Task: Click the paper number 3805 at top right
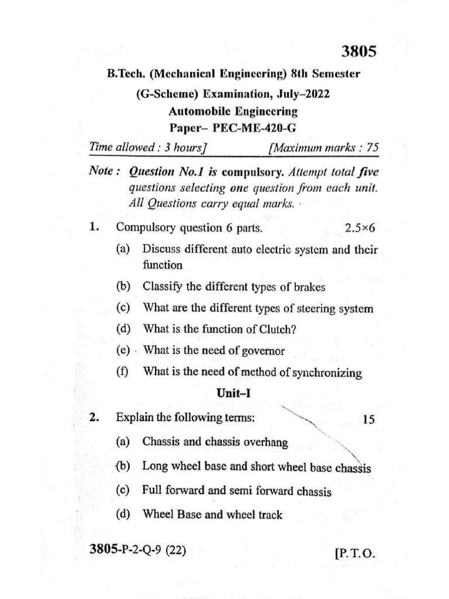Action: point(358,51)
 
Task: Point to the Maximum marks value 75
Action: point(371,149)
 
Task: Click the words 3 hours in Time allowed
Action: point(183,149)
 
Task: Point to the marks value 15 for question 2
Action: point(369,419)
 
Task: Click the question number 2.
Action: point(94,418)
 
